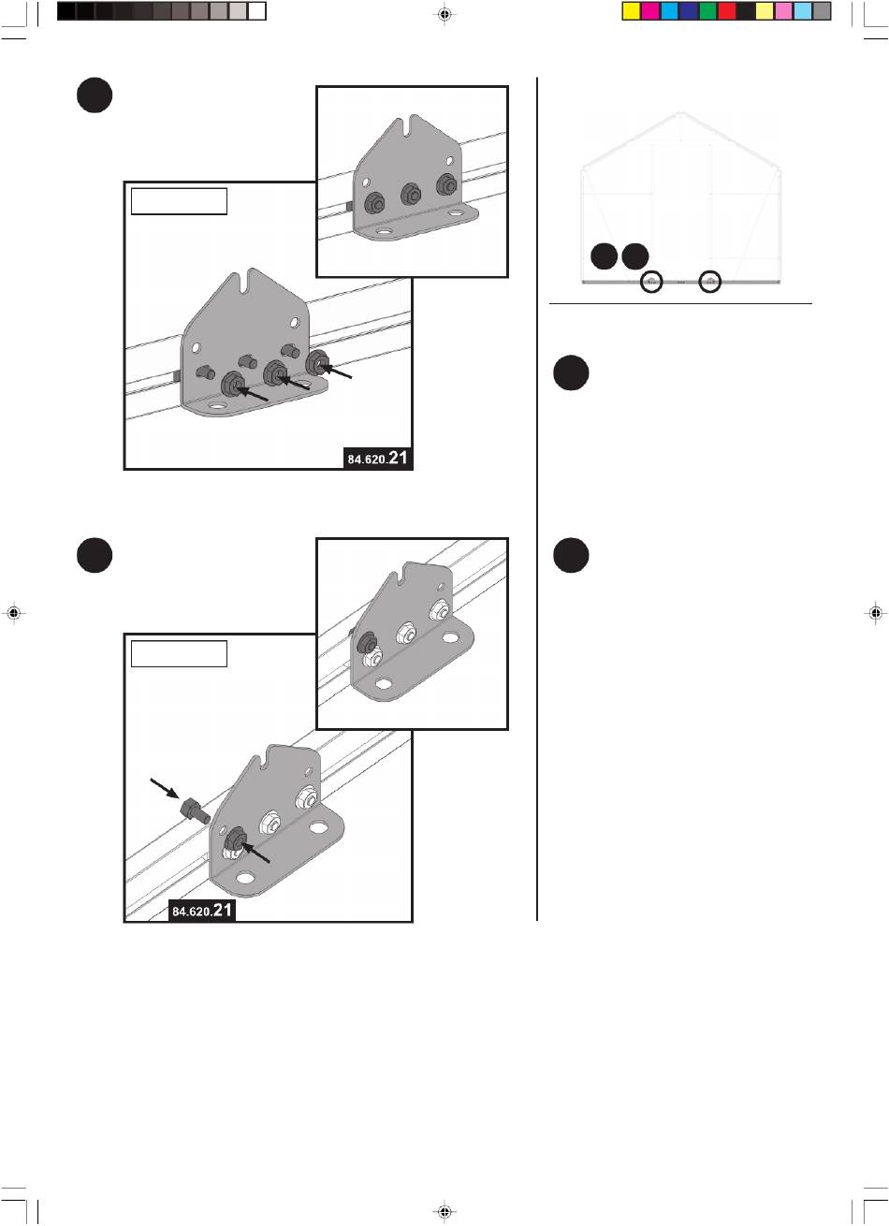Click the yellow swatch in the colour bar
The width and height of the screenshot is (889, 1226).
point(632,11)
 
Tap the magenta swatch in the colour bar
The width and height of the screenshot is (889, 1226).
point(650,11)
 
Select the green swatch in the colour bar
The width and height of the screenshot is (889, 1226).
point(707,11)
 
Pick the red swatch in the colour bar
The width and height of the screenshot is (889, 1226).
point(727,11)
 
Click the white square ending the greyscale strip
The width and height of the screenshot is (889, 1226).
point(256,11)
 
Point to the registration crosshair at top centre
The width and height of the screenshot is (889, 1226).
point(444,14)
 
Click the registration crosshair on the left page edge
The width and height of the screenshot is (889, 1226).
point(14,613)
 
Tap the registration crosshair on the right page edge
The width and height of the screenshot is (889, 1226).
point(875,613)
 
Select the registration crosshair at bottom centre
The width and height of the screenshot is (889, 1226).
point(444,1212)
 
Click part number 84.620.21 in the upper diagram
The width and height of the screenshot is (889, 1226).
point(377,458)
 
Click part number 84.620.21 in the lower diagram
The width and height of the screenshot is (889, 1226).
point(202,911)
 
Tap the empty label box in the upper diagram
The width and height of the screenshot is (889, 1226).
point(179,201)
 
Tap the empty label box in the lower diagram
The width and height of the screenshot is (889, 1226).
point(179,654)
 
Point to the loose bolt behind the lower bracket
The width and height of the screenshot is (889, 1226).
point(196,810)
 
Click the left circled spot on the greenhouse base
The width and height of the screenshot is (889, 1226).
point(651,282)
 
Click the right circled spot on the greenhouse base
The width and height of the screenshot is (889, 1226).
point(710,282)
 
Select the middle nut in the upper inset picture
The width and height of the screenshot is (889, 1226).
point(411,194)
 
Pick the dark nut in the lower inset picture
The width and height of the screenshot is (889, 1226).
point(366,640)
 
